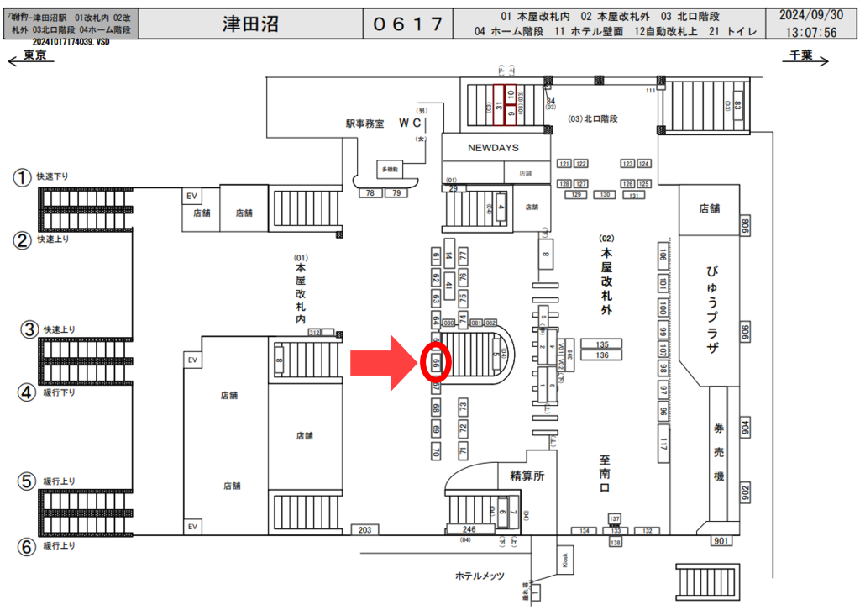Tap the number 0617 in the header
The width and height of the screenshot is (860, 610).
coord(407,24)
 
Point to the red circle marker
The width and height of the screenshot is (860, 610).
coord(436,364)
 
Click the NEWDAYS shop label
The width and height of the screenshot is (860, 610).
coord(493,147)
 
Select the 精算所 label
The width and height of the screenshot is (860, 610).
coord(527,476)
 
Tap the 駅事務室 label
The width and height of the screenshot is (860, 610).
coord(364,123)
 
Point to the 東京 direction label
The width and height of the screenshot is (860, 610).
coord(34,55)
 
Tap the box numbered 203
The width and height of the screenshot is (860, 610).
coord(364,530)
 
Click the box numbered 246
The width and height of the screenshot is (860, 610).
coord(469,530)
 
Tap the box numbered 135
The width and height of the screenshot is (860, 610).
coord(601,344)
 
